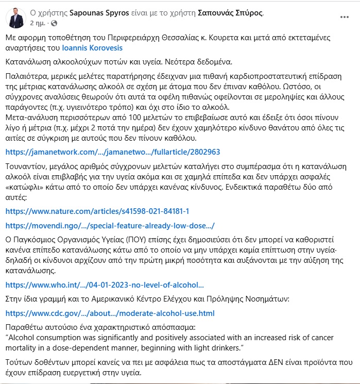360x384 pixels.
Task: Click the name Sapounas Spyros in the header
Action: (x=85, y=13)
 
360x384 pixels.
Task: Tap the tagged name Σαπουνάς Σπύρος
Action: (x=230, y=13)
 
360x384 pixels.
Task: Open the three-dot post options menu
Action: (x=344, y=18)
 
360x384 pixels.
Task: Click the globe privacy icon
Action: (x=55, y=23)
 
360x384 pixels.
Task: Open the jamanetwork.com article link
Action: (x=113, y=152)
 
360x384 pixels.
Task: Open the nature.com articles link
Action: (x=97, y=211)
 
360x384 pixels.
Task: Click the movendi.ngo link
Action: (x=110, y=226)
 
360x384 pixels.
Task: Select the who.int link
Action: (x=105, y=285)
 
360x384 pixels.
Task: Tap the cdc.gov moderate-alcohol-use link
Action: (x=110, y=313)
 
